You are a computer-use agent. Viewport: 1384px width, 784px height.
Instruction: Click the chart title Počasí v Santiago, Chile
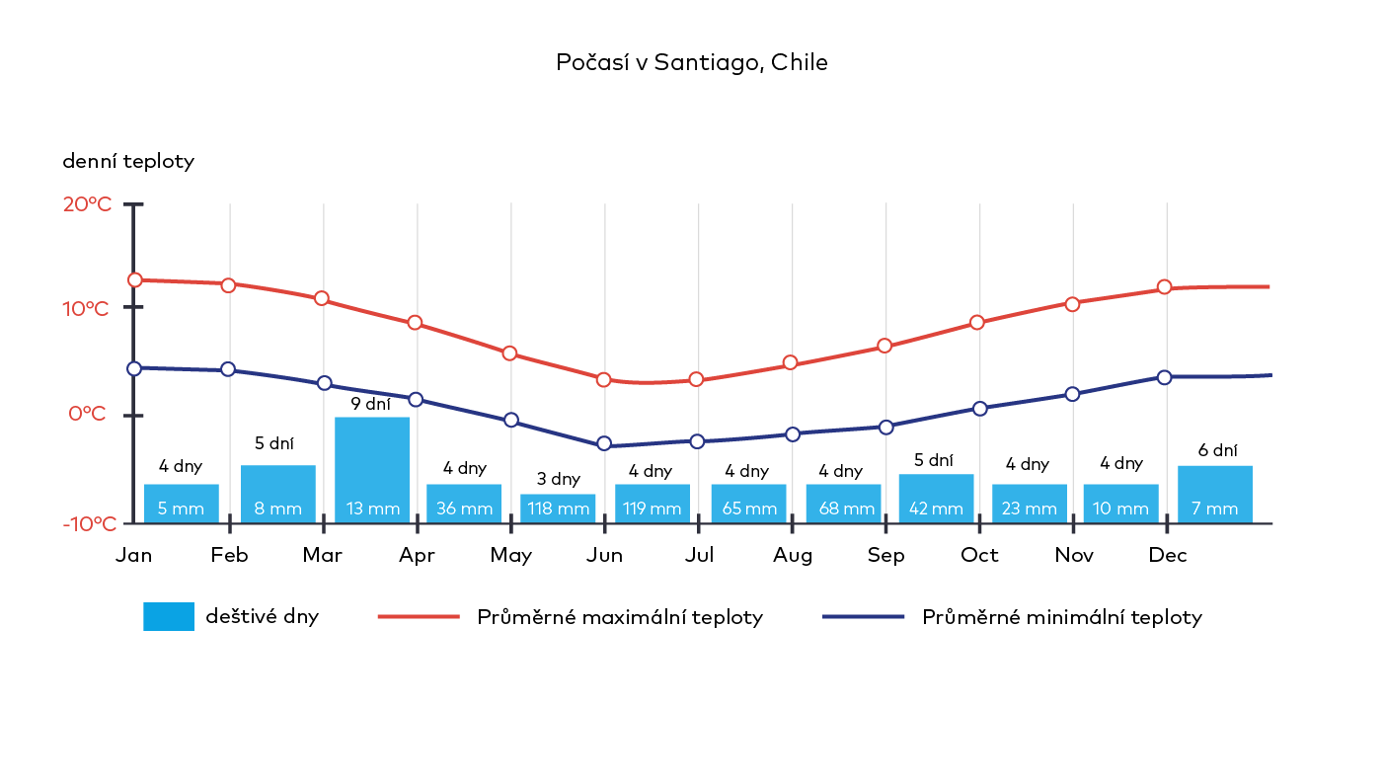click(x=691, y=63)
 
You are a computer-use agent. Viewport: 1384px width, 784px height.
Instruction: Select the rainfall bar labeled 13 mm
click(x=372, y=470)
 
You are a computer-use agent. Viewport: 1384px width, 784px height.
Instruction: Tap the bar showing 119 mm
click(x=652, y=504)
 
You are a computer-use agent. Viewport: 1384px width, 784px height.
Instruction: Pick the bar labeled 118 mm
click(x=558, y=509)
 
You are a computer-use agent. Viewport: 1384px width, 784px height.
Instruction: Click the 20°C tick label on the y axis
click(x=89, y=204)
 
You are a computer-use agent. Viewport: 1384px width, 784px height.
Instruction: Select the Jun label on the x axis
click(x=604, y=556)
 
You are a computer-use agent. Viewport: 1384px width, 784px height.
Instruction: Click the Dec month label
click(x=1167, y=556)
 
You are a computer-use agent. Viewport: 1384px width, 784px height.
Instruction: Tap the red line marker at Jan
click(x=135, y=280)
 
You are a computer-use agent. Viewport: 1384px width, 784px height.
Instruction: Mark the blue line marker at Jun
click(x=604, y=444)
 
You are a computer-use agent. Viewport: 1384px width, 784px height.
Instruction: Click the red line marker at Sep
click(x=884, y=346)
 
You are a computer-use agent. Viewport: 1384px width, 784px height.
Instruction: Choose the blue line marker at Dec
click(x=1165, y=377)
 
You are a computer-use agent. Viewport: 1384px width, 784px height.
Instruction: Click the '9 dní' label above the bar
click(x=371, y=404)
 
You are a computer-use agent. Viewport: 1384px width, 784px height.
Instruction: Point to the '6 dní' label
click(x=1217, y=450)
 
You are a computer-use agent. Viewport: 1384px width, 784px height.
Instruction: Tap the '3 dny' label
click(x=558, y=479)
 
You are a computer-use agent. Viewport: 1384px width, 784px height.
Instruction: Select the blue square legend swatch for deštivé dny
click(x=169, y=617)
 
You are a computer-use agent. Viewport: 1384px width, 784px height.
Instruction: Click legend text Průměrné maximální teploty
click(x=620, y=618)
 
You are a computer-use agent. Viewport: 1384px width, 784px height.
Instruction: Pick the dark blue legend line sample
click(x=863, y=617)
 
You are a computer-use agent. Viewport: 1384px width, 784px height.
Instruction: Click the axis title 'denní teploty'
click(x=128, y=162)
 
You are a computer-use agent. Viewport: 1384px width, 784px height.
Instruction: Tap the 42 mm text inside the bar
click(x=935, y=510)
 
